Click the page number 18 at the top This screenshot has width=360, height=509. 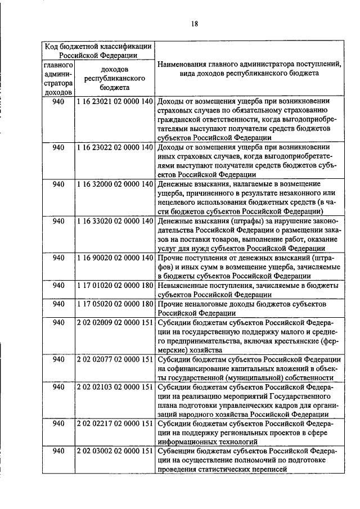pos(195,24)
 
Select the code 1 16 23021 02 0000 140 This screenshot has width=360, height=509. pos(115,101)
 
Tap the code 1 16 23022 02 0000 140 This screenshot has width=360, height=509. pos(115,147)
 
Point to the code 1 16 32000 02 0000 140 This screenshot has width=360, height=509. pos(115,184)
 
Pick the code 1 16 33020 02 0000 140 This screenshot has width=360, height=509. pos(115,221)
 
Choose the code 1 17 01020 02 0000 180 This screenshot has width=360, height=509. pos(115,285)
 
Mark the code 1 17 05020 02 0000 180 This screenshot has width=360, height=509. pos(115,304)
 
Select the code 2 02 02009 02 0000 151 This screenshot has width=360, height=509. pos(115,322)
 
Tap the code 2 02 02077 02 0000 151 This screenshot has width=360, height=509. pos(115,359)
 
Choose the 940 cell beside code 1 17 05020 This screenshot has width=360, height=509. pos(58,304)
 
